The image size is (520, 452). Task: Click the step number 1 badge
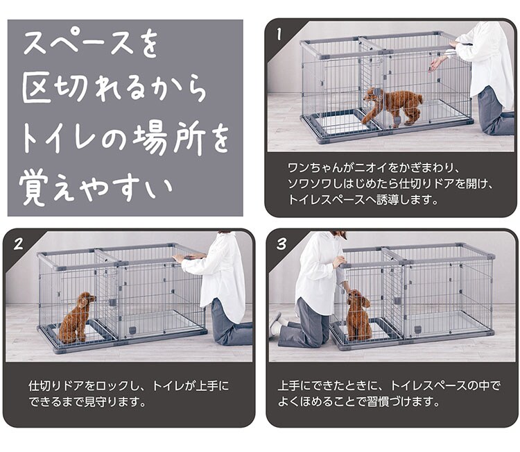(279, 34)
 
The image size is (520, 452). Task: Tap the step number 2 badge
(19, 244)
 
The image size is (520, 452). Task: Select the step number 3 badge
(281, 244)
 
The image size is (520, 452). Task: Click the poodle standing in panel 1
(392, 106)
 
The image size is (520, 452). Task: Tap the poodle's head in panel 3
(358, 299)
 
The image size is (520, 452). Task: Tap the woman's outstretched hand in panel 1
(433, 65)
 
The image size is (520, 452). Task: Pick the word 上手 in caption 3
(289, 386)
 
